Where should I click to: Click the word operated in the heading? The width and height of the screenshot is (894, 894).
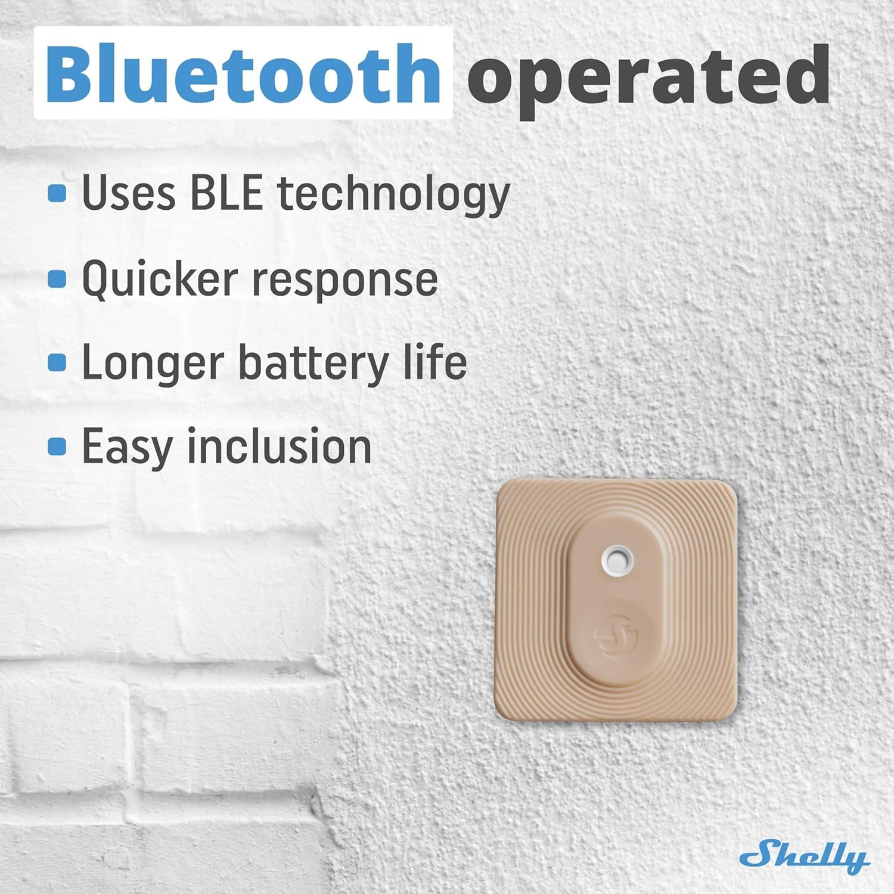coord(648,76)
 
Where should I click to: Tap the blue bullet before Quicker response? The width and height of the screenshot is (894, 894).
coord(57,278)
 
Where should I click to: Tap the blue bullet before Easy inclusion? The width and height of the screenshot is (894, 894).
coord(57,446)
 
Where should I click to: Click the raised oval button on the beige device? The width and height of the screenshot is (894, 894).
coord(616,602)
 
